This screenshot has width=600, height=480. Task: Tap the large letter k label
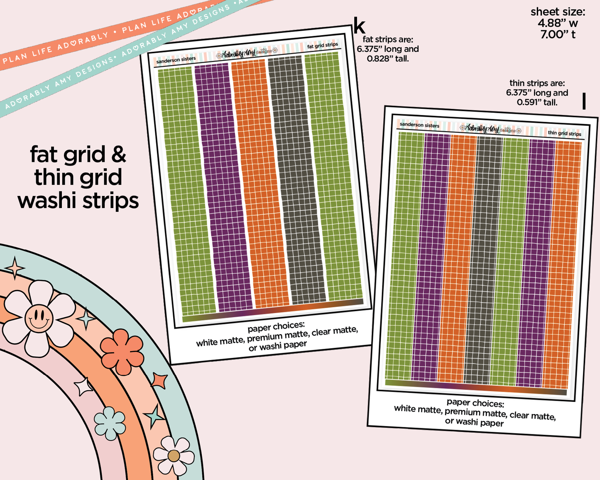pos(359,26)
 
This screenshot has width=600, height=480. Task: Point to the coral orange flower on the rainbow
pos(122,352)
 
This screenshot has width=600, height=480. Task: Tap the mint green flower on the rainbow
pos(110,423)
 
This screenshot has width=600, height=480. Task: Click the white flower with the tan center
pos(174,456)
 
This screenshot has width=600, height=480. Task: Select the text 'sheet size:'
pos(558,12)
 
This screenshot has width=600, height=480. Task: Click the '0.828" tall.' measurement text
pos(388,59)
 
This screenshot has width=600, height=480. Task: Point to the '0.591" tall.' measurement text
pos(537,103)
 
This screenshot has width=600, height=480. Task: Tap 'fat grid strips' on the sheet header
pos(323,45)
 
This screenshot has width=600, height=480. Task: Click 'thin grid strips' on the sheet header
pos(564,133)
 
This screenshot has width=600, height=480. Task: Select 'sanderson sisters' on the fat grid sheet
pos(176,60)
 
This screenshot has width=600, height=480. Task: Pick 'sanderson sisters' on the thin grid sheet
pos(419,125)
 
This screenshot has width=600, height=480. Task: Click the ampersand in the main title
pos(119,155)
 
